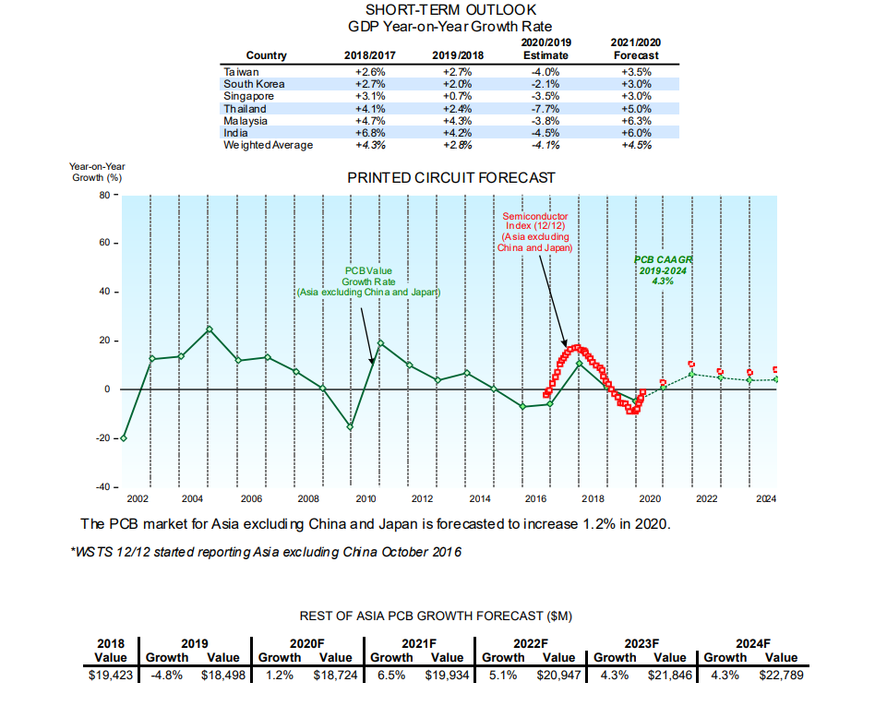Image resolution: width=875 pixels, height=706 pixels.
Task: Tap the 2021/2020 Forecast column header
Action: (636, 49)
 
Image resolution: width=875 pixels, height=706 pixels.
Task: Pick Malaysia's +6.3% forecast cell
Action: (636, 121)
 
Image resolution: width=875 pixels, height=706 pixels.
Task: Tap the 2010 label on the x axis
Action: (365, 499)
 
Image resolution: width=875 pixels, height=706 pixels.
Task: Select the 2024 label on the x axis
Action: (765, 499)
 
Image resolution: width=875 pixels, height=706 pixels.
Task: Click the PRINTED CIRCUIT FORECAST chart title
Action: (451, 177)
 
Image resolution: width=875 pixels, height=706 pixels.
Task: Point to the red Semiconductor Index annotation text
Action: (535, 232)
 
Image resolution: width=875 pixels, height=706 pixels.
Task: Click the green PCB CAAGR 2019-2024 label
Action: (663, 270)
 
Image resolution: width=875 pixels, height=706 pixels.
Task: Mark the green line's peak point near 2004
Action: (210, 329)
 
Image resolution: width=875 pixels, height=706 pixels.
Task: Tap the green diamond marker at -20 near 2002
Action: (124, 438)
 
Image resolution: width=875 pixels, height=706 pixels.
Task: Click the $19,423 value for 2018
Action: (112, 676)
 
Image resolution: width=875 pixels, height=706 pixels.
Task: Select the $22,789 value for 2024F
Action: (782, 676)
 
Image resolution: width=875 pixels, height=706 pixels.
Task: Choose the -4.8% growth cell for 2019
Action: (167, 676)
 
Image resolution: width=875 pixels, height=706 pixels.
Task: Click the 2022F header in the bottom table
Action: (531, 644)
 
